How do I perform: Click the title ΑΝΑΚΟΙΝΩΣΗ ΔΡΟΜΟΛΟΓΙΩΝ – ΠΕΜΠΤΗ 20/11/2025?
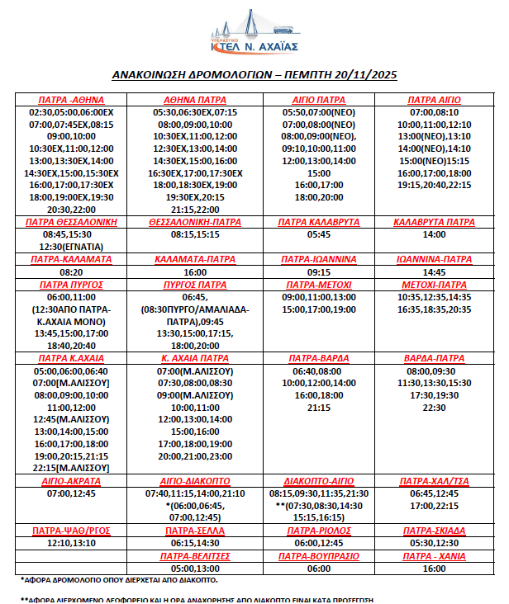coord(254,75)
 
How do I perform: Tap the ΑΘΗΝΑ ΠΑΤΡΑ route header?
coord(196,100)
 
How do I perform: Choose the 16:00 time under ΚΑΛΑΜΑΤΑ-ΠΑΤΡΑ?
coord(196,271)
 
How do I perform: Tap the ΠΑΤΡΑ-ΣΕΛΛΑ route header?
coord(196,531)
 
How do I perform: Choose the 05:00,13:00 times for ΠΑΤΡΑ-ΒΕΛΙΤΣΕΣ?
coord(196,568)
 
